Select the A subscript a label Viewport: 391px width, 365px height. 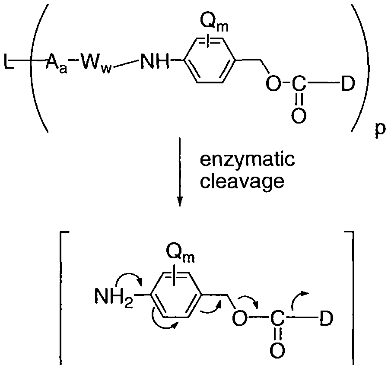(x=57, y=66)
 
